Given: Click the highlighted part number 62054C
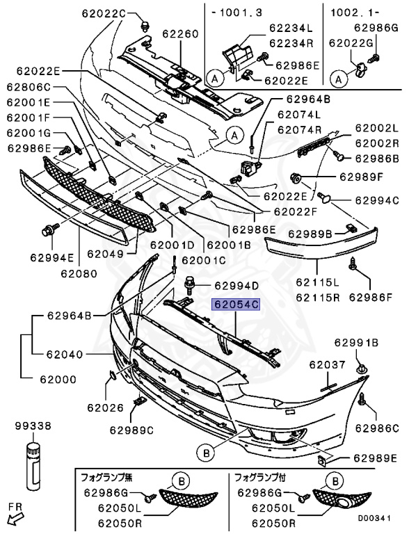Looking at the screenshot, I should click(236, 305).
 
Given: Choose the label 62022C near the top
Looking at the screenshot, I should click(106, 13).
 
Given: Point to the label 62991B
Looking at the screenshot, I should click(356, 342).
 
